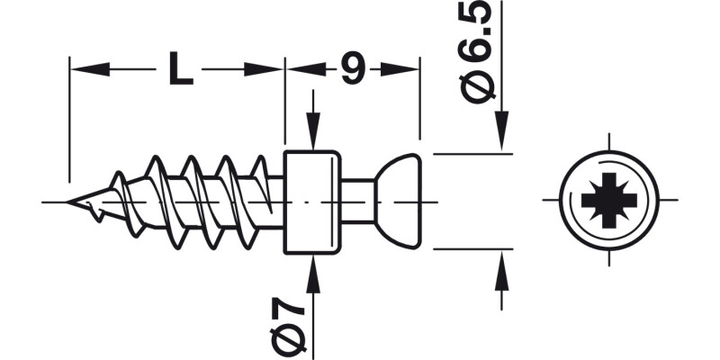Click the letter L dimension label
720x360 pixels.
[x=180, y=69]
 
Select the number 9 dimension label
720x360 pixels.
[x=352, y=69]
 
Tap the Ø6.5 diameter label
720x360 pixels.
[x=476, y=54]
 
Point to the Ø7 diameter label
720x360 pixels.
[x=287, y=324]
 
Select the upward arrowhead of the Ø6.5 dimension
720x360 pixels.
[x=501, y=270]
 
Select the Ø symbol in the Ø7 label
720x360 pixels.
[x=287, y=341]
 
